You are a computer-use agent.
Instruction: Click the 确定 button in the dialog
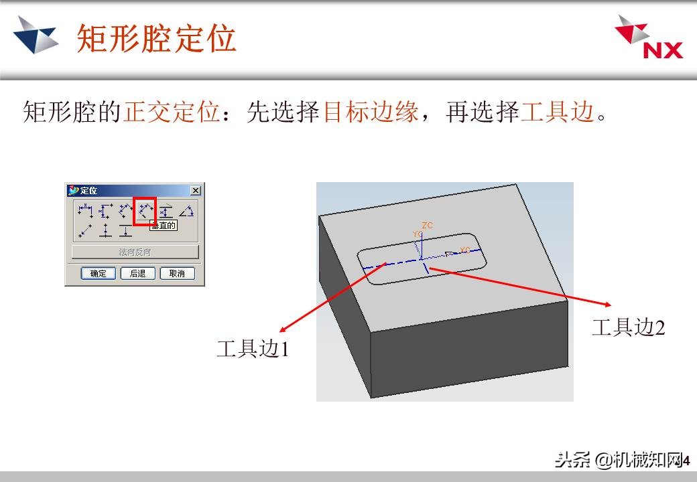coord(99,273)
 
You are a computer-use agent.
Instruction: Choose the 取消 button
coord(177,273)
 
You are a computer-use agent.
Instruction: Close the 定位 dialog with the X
coord(195,191)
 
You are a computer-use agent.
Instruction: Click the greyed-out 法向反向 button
coord(135,252)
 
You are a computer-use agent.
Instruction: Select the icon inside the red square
coord(145,211)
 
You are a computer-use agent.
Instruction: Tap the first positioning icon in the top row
coord(85,211)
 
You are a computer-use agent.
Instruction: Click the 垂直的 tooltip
coord(164,226)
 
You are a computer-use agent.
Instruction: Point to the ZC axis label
coord(428,226)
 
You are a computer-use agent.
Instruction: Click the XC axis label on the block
coord(464,250)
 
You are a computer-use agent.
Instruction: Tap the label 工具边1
coord(252,349)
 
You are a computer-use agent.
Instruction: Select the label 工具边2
coord(628,327)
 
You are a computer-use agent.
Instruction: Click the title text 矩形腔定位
coord(156,38)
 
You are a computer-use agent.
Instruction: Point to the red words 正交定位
coord(172,112)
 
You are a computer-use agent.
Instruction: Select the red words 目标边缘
coord(371,112)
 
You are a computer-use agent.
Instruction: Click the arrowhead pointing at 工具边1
coord(282,329)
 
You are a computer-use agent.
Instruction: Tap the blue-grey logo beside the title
coord(36,34)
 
